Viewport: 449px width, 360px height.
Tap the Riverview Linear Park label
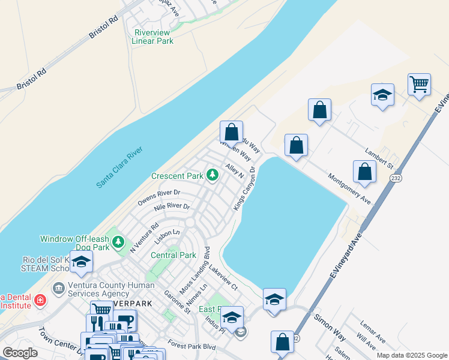pyautogui.click(x=152, y=37)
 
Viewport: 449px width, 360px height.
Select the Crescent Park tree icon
pyautogui.click(x=212, y=175)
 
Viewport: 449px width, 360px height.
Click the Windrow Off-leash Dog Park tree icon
pyautogui.click(x=119, y=241)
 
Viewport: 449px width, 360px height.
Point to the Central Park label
pyautogui.click(x=173, y=255)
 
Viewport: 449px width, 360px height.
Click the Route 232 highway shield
pyautogui.click(x=395, y=178)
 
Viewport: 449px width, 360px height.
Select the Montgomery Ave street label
pyautogui.click(x=349, y=188)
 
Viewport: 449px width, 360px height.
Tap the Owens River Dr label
pyautogui.click(x=158, y=196)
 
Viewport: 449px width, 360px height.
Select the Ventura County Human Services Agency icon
pyautogui.click(x=59, y=289)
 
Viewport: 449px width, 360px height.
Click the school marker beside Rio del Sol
pyautogui.click(x=81, y=262)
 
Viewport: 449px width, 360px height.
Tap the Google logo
pyautogui.click(x=20, y=353)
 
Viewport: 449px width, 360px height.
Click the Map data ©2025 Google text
pyautogui.click(x=411, y=355)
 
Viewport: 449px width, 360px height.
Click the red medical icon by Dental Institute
pyautogui.click(x=40, y=299)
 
